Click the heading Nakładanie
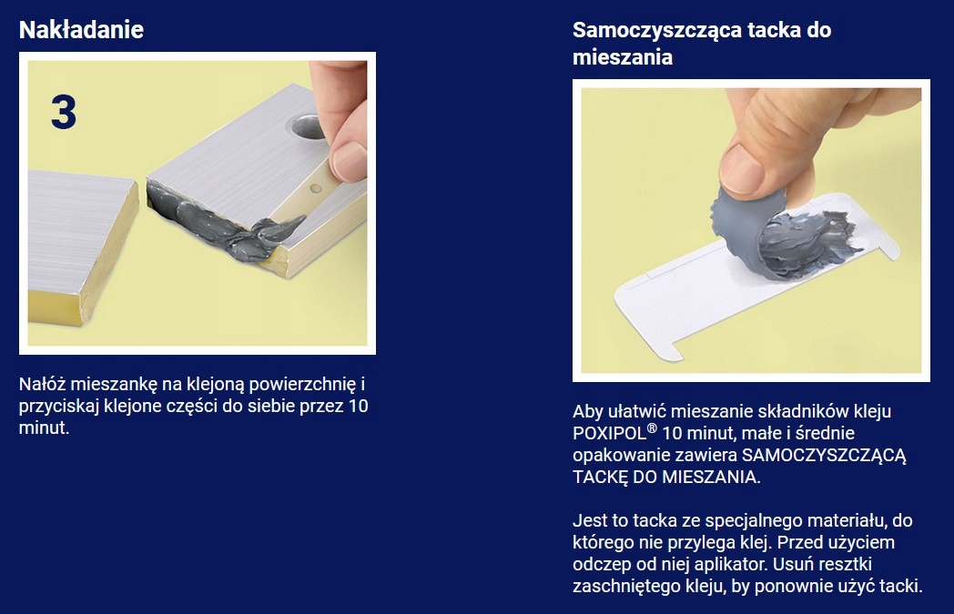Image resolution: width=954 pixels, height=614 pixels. [81, 30]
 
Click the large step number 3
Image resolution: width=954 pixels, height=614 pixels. [64, 112]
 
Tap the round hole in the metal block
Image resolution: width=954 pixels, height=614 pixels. [308, 127]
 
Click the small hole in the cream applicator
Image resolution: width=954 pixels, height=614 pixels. [316, 188]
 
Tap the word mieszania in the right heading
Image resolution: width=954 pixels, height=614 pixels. [623, 57]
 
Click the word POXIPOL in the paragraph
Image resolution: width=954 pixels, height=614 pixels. [609, 434]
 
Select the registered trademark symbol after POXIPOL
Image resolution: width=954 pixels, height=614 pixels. [652, 428]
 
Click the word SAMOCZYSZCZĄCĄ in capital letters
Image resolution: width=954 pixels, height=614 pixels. [823, 456]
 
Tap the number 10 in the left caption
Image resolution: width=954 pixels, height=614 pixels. [358, 406]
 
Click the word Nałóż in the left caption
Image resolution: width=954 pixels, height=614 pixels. [42, 384]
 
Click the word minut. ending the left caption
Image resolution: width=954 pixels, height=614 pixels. [44, 428]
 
